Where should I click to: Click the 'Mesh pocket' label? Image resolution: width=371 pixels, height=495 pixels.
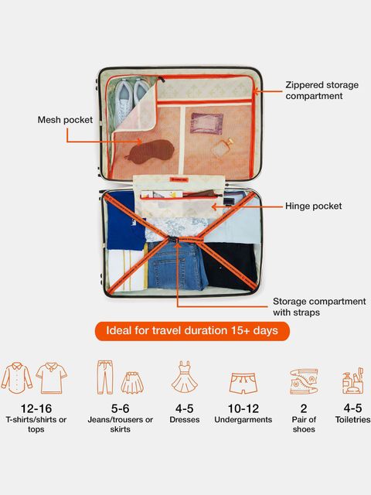(x=65, y=120)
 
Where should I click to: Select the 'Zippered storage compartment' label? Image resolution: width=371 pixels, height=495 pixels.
(x=322, y=90)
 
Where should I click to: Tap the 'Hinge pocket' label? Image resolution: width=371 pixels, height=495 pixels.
(x=313, y=207)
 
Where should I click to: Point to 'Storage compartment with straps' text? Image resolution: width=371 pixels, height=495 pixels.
(x=319, y=306)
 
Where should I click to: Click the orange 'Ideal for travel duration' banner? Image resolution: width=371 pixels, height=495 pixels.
(x=192, y=331)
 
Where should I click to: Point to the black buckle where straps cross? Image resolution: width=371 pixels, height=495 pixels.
(x=174, y=240)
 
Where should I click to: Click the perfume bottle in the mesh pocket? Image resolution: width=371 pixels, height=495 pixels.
(x=223, y=148)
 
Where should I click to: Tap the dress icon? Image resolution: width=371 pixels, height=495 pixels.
(x=185, y=377)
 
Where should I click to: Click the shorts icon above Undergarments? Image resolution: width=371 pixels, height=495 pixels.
(x=243, y=384)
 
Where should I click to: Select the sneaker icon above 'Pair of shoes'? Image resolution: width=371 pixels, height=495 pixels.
(x=304, y=381)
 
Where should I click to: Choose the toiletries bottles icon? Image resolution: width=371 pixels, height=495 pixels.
(x=353, y=381)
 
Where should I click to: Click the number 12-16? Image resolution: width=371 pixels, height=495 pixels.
(x=36, y=408)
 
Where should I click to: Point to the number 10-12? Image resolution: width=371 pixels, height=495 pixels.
(x=243, y=408)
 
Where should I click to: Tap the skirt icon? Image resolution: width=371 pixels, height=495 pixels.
(x=132, y=383)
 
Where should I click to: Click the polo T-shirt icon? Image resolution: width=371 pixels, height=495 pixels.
(x=52, y=378)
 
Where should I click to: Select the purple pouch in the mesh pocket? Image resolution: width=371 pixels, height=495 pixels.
(x=206, y=124)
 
